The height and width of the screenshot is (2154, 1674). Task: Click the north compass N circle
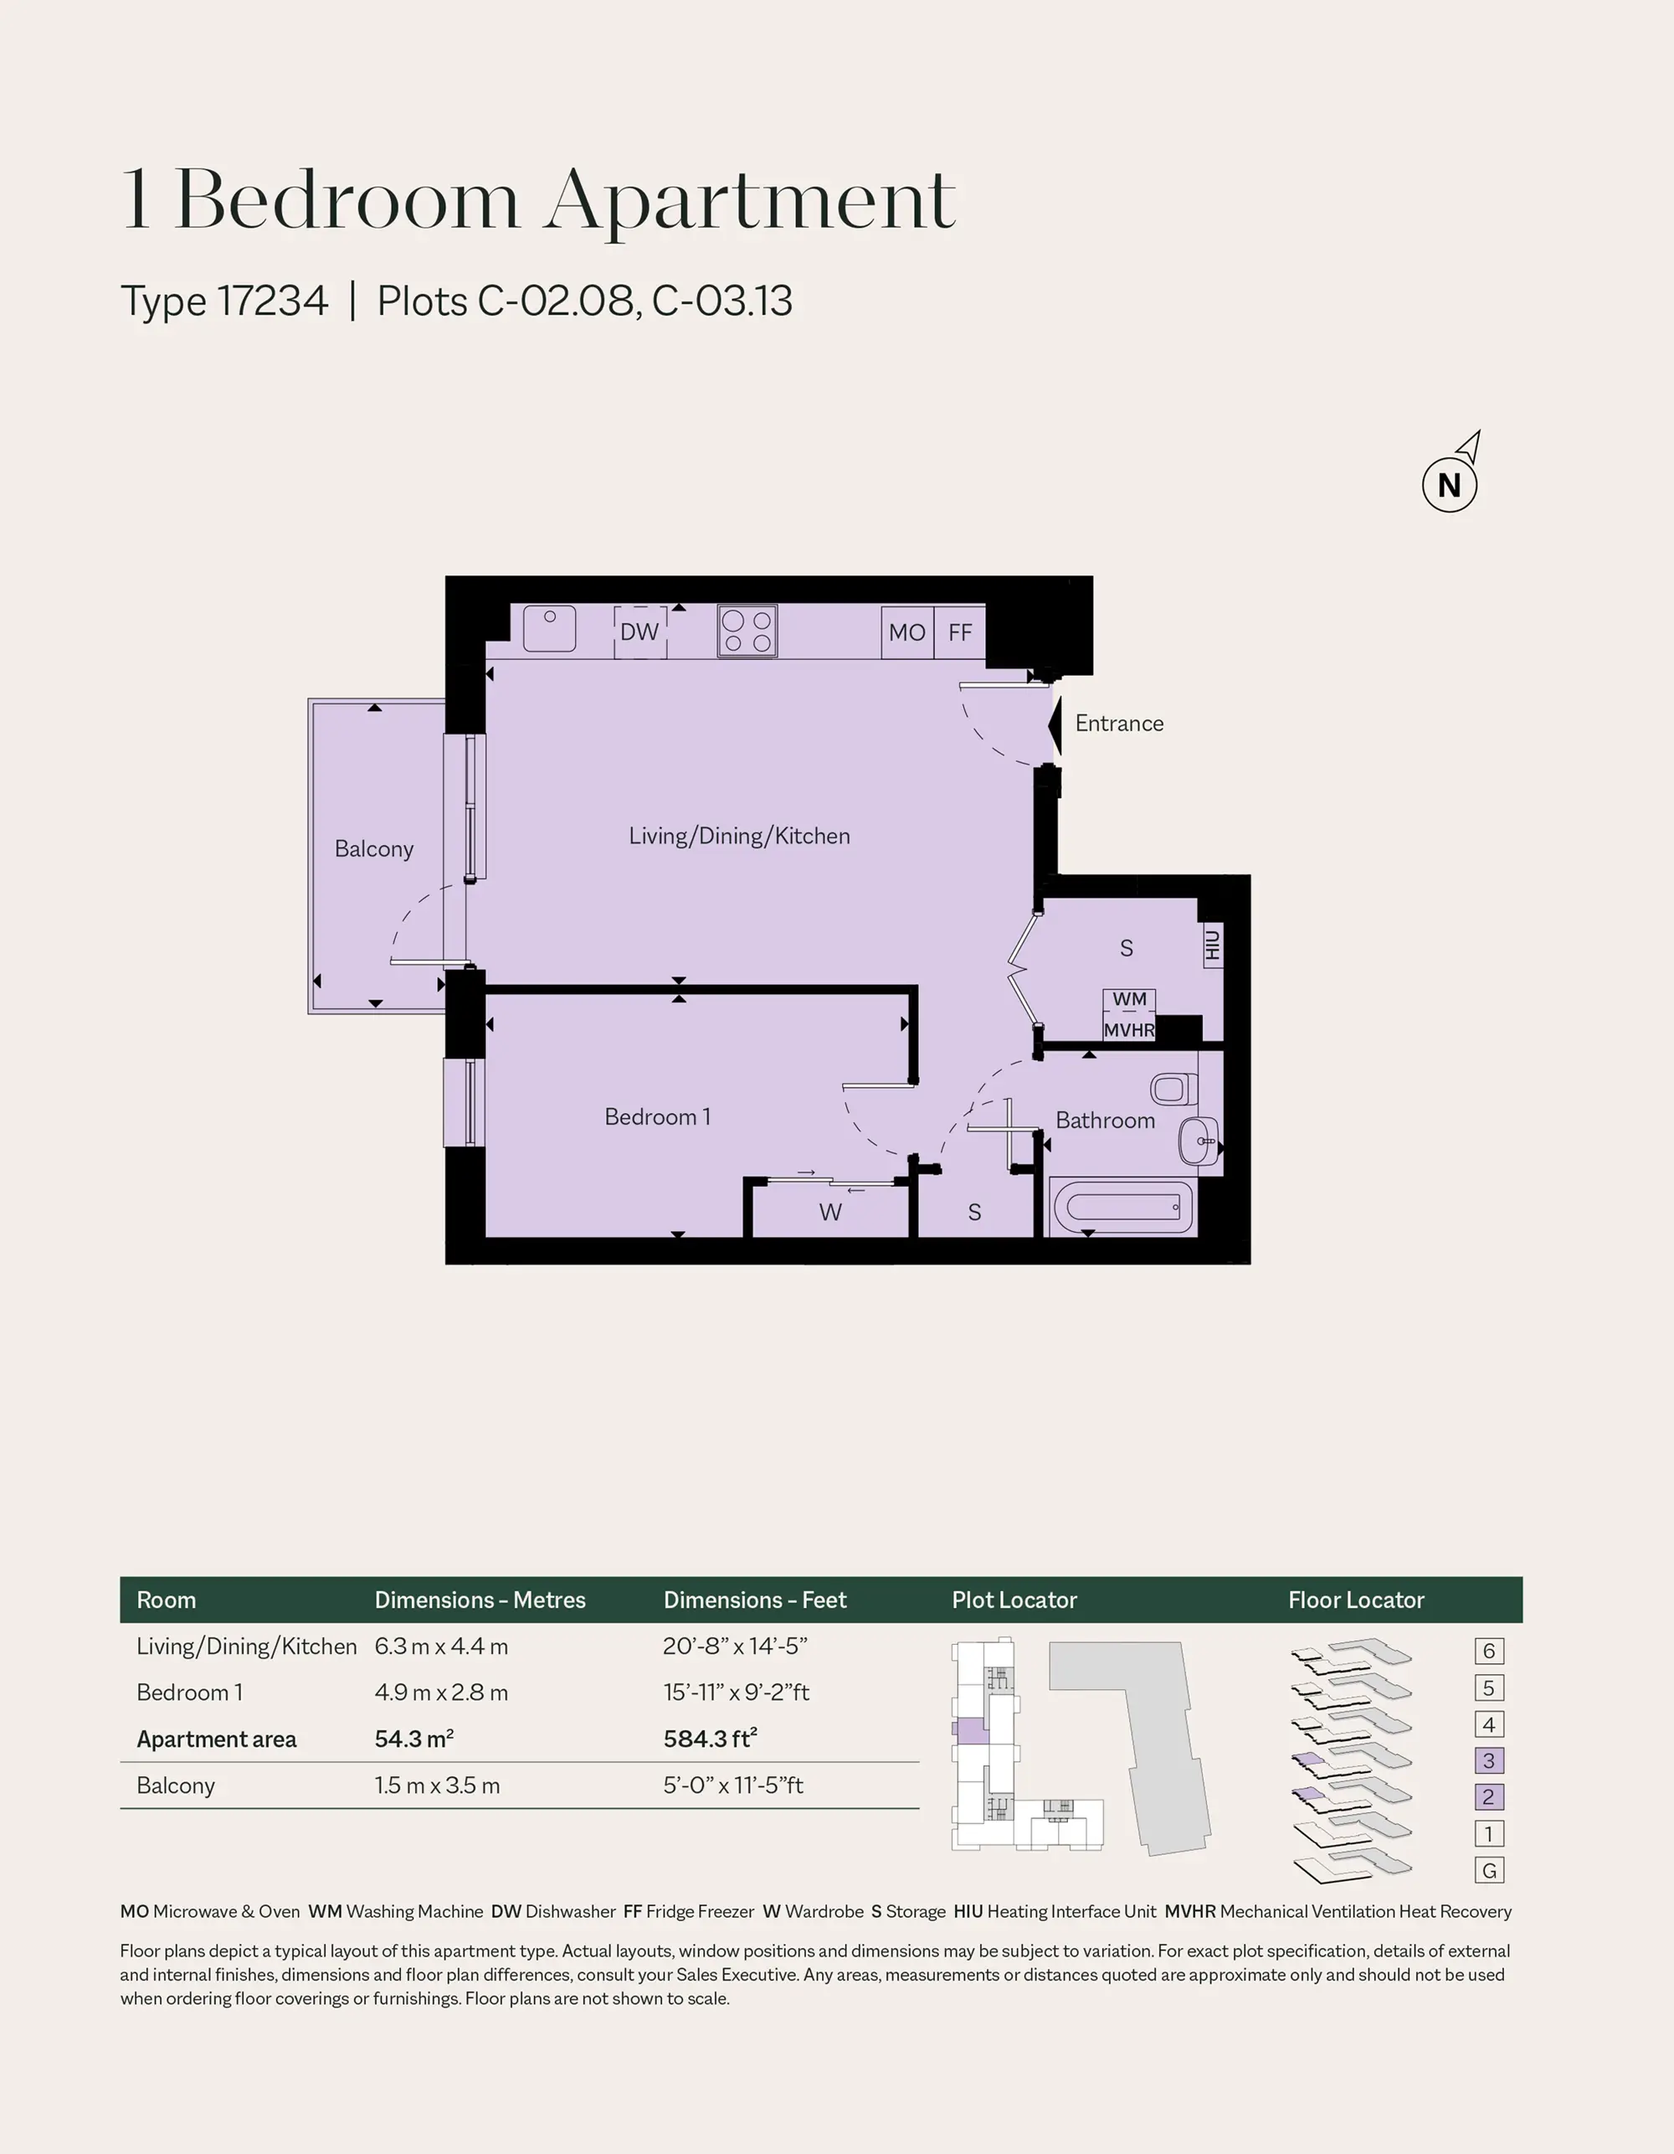point(1449,485)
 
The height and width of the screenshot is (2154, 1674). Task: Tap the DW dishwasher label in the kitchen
point(639,632)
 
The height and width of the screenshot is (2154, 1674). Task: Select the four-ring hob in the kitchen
point(747,631)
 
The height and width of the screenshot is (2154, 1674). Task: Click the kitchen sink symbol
point(549,628)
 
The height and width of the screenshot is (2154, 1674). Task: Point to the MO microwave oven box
point(907,632)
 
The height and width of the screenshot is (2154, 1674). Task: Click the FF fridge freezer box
point(960,632)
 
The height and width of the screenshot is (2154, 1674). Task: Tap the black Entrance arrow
point(1054,726)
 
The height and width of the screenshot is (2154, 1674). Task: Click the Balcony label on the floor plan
point(373,848)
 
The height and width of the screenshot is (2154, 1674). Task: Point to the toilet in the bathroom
point(1170,1090)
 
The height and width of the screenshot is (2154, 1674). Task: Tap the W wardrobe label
point(830,1212)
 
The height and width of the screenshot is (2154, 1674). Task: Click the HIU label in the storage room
point(1213,946)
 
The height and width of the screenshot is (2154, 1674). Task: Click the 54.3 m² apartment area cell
point(414,1739)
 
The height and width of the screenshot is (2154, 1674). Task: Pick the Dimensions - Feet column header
point(755,1600)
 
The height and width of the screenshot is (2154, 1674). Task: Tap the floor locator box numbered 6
point(1489,1651)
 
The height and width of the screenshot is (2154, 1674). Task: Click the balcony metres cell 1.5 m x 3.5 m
point(438,1786)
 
